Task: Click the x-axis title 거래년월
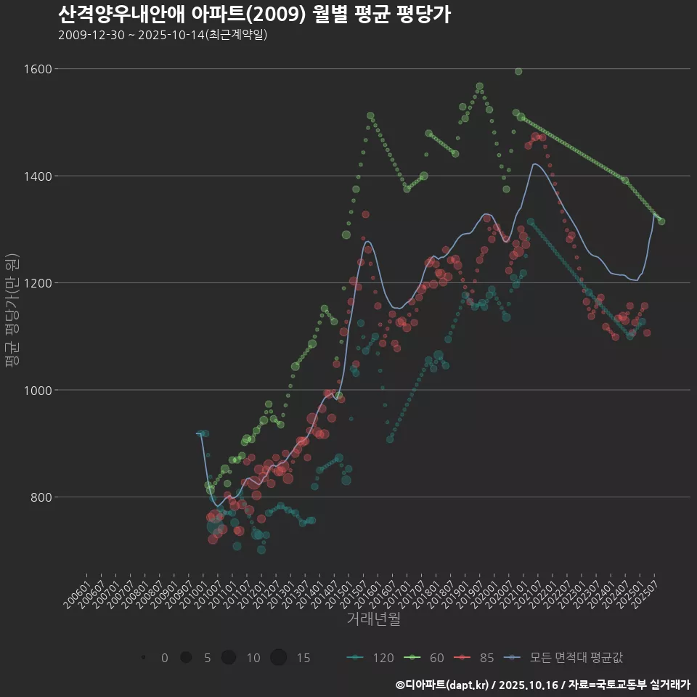coord(373,619)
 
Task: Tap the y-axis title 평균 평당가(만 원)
coord(11,312)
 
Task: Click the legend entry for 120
coord(371,658)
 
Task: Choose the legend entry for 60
coord(426,658)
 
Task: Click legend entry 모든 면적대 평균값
coord(566,658)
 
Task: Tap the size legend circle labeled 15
coord(278,658)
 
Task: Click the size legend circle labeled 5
coord(186,658)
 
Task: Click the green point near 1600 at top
coord(518,71)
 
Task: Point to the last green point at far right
coord(661,221)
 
